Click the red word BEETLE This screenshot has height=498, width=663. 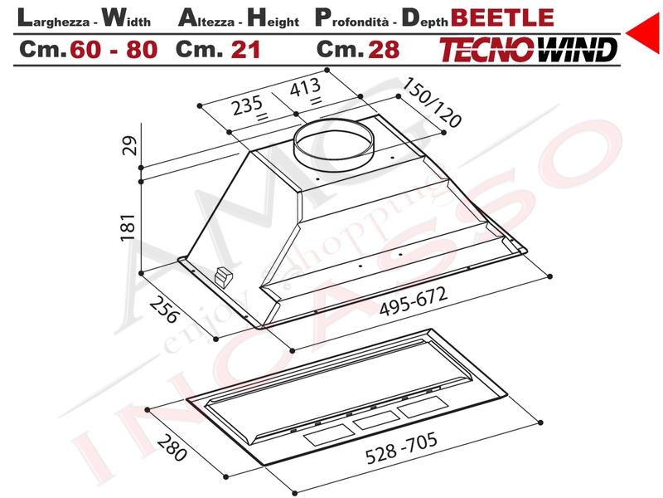[503, 17]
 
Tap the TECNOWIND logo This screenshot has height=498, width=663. [528, 50]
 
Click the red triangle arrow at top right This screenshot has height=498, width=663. [644, 32]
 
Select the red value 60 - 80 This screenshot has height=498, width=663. [114, 50]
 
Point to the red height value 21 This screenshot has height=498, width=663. [245, 50]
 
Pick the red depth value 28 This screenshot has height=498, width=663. [384, 50]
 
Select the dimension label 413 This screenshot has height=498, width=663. [305, 88]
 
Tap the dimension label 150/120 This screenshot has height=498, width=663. [431, 103]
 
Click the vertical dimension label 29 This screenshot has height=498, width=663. [130, 145]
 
